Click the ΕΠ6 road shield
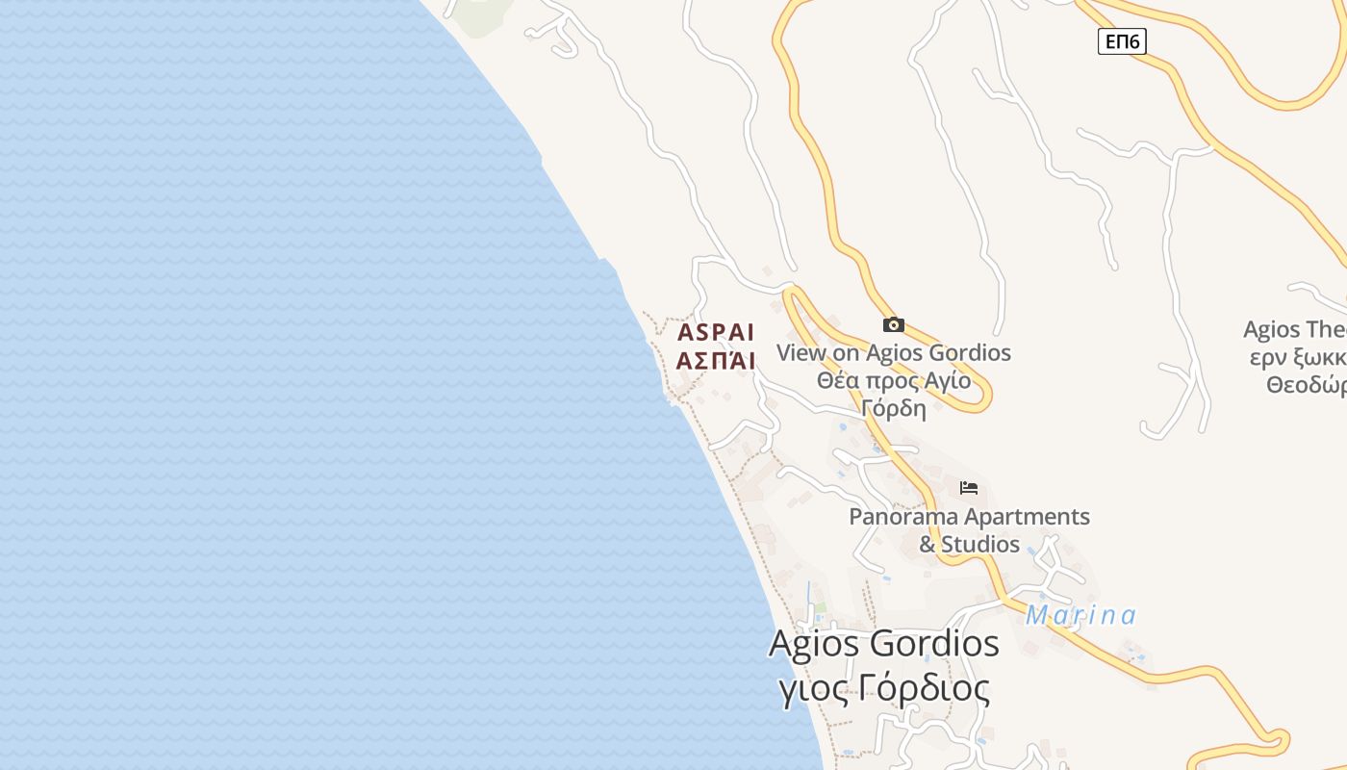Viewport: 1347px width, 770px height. [x=1122, y=41]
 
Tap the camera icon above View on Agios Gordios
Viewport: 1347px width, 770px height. [x=893, y=324]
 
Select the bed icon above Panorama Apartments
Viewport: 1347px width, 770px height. [x=969, y=488]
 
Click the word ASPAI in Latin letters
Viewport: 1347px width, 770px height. [x=716, y=333]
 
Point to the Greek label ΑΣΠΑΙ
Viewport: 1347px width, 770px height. [x=716, y=361]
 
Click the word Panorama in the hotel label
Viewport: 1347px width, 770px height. [x=903, y=517]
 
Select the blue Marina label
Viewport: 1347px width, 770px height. [x=1080, y=615]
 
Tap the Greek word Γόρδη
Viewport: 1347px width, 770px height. [x=894, y=408]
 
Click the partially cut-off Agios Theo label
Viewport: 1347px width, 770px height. [x=1294, y=330]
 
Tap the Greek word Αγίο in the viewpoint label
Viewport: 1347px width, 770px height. [x=947, y=380]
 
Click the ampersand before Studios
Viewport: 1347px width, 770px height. [x=928, y=545]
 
